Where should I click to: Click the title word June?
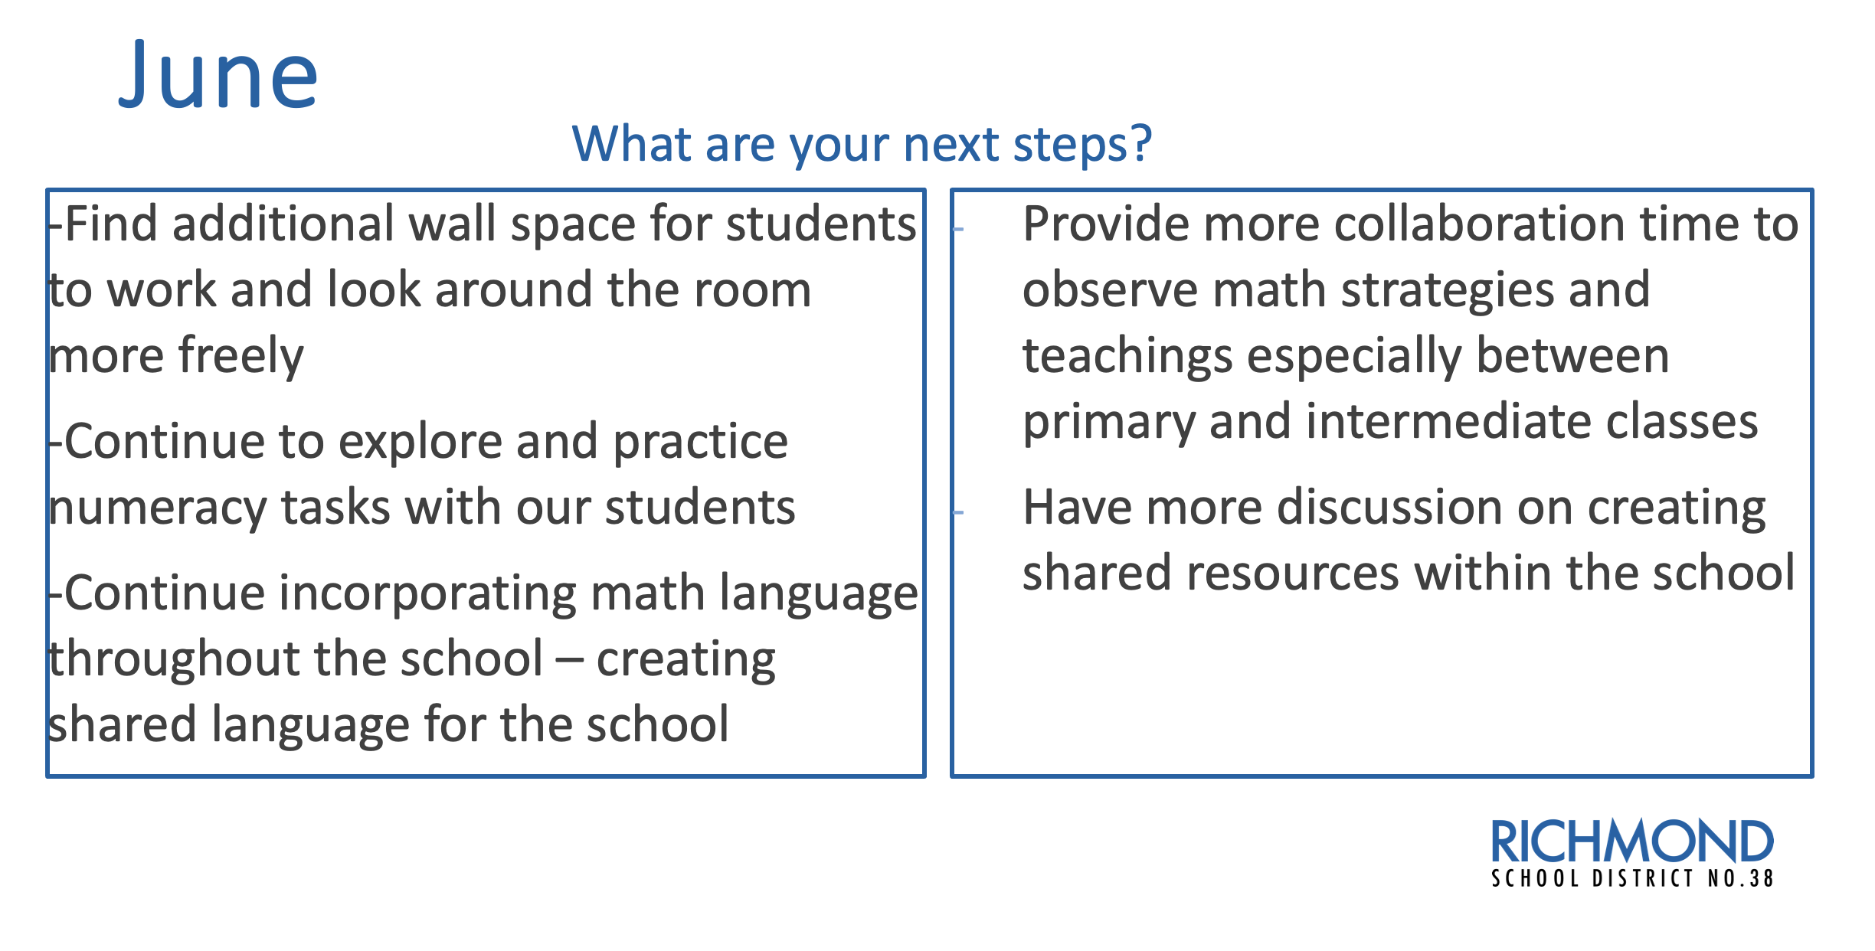pyautogui.click(x=218, y=75)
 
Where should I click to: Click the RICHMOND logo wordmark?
pyautogui.click(x=1631, y=842)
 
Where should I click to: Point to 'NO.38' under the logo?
pyautogui.click(x=1740, y=878)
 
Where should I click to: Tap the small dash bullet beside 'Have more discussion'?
pyautogui.click(x=957, y=512)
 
